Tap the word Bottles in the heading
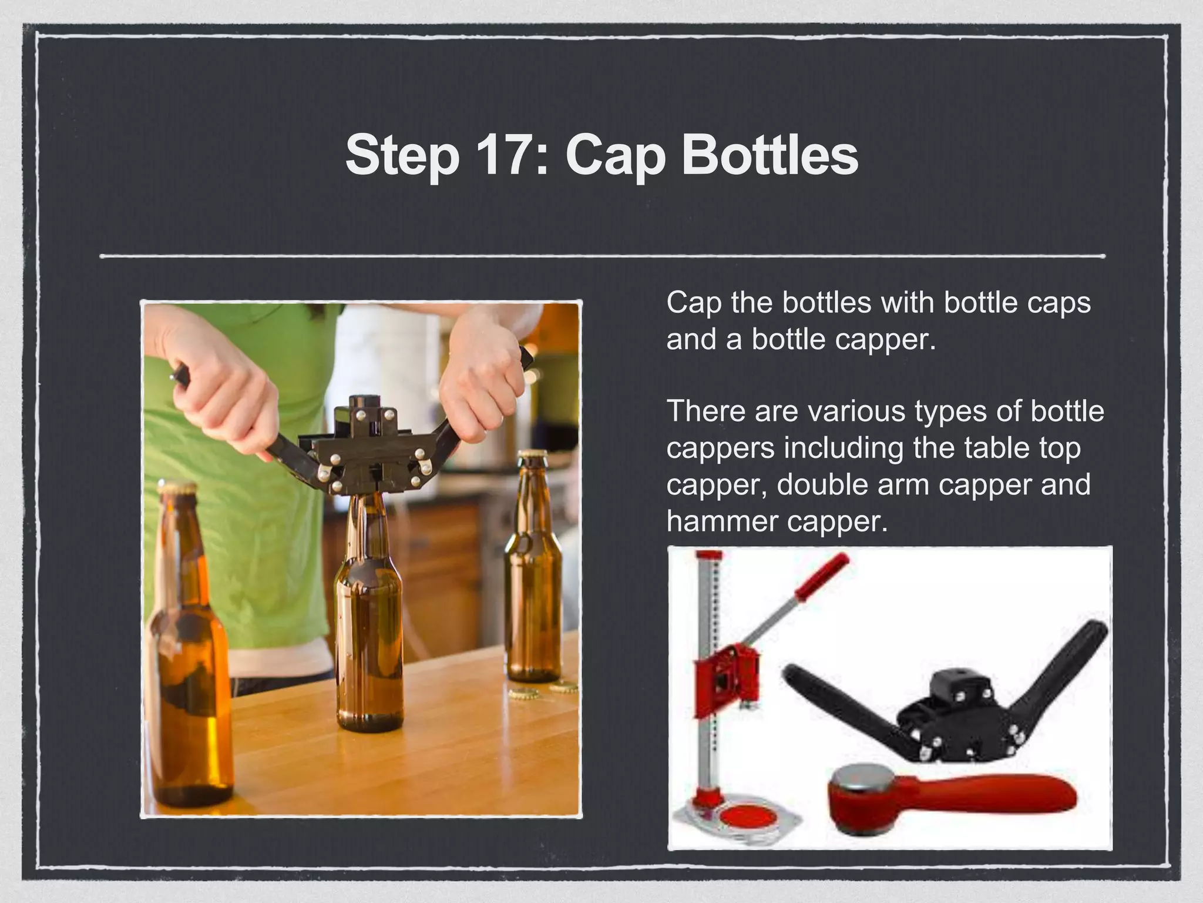coord(769,155)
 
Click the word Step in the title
coord(402,155)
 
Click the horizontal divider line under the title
coord(601,256)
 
